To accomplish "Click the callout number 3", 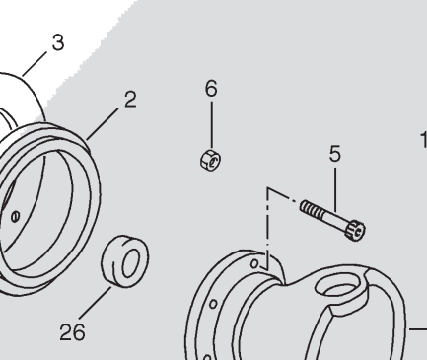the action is [x=58, y=42].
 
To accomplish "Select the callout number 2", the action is [x=130, y=100].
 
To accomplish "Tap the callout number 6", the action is [x=211, y=88].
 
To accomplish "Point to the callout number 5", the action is [x=335, y=154].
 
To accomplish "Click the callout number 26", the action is [x=73, y=331].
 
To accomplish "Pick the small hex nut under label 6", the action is [x=210, y=160].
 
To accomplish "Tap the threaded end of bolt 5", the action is [x=311, y=208].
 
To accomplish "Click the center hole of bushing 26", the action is [x=131, y=262].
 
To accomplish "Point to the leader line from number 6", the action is [x=212, y=125].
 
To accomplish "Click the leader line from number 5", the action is [x=335, y=189].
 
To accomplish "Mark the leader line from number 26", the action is [x=95, y=303].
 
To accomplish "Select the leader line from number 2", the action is [x=103, y=123].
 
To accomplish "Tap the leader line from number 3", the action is [x=35, y=64].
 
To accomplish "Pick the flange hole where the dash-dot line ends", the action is [x=254, y=263].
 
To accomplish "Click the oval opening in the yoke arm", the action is [x=340, y=287].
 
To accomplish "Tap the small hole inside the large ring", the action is [x=15, y=217].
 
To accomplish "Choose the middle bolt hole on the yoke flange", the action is [x=213, y=304].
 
